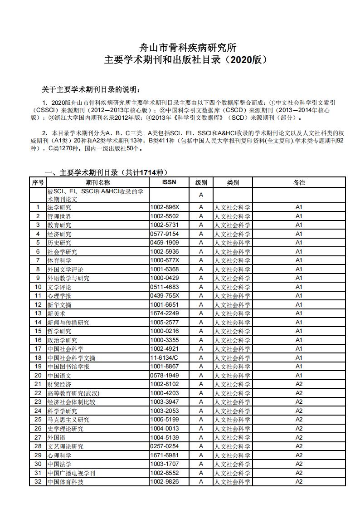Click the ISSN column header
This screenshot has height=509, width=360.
(x=169, y=182)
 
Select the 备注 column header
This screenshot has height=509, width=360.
(x=299, y=182)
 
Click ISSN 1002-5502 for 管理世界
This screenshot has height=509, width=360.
(x=164, y=216)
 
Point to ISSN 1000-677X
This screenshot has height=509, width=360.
(x=164, y=260)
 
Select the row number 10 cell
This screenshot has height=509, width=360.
(x=38, y=287)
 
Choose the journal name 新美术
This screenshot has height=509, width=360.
(x=56, y=313)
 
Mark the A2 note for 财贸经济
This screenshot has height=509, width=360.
(x=299, y=384)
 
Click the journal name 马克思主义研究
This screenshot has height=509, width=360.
(x=68, y=420)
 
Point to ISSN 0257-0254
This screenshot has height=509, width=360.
(x=164, y=446)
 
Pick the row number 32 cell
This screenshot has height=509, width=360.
(x=38, y=482)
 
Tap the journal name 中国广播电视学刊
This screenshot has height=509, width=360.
(x=71, y=473)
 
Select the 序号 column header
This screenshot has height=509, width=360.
(x=38, y=182)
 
